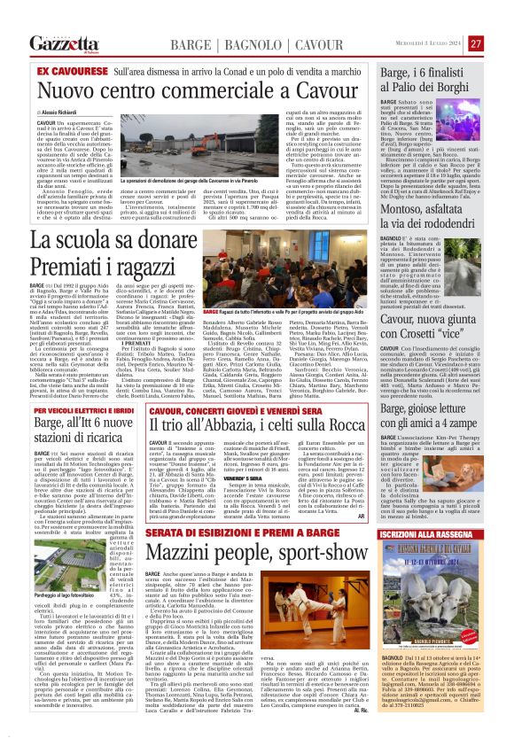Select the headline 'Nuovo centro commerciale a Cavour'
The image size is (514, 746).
click(x=201, y=89)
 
